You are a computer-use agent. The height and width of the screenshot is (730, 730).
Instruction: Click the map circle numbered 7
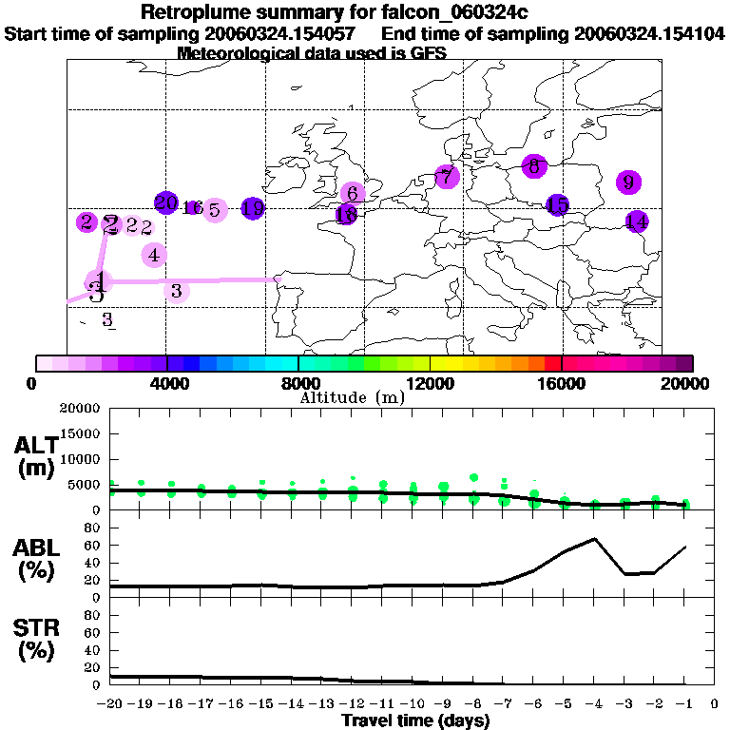[x=447, y=176]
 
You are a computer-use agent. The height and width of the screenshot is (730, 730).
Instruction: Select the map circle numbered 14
[x=637, y=221]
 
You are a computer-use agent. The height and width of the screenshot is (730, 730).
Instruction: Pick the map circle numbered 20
[x=166, y=202]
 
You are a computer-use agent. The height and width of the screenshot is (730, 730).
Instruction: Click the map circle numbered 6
[x=353, y=193]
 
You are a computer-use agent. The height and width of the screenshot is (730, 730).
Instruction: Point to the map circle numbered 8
[x=534, y=165]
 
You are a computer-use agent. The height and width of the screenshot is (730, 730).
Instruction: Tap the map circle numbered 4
[x=154, y=255]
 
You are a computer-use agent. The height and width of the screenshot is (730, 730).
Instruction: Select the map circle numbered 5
[x=214, y=210]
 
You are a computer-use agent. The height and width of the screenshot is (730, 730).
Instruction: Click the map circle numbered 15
[x=557, y=204]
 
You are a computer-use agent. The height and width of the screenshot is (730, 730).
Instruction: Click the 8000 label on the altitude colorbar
[x=298, y=384]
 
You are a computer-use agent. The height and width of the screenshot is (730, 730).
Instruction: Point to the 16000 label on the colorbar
[x=562, y=384]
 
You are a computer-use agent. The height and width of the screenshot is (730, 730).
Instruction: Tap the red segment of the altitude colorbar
[x=552, y=363]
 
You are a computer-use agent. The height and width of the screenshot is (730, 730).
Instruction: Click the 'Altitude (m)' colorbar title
[x=352, y=397]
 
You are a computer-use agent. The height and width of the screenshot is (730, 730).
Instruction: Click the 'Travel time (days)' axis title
[x=415, y=721]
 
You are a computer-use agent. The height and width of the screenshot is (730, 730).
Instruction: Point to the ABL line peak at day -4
[x=595, y=539]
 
